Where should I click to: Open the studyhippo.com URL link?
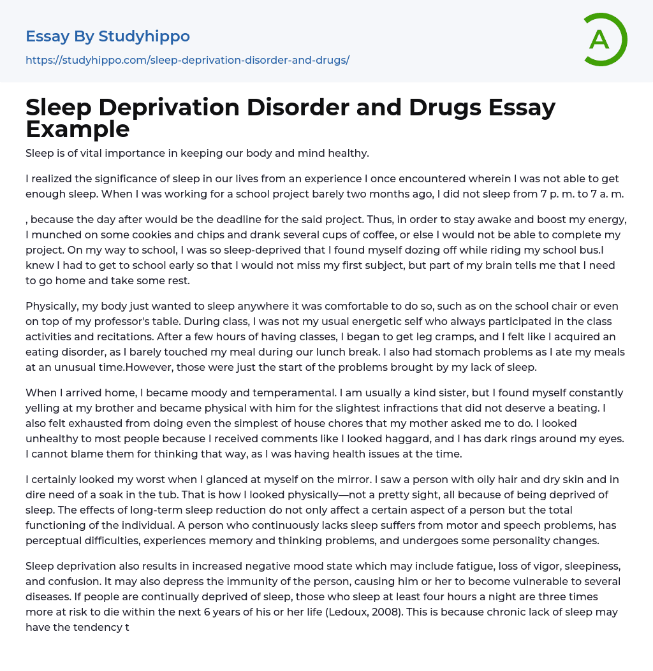pyautogui.click(x=187, y=60)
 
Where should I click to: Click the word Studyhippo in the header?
pyautogui.click(x=144, y=36)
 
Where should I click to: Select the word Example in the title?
pyautogui.click(x=78, y=129)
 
